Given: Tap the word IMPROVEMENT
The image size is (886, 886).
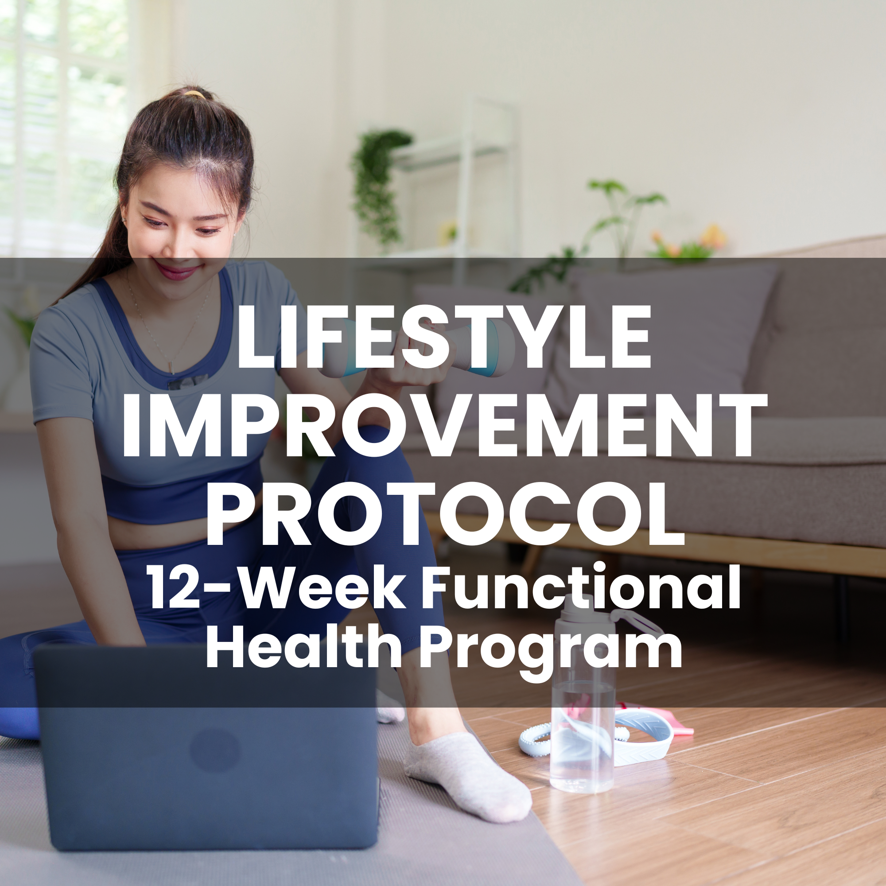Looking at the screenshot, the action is (444, 426).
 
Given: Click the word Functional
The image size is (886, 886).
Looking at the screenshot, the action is (581, 587).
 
